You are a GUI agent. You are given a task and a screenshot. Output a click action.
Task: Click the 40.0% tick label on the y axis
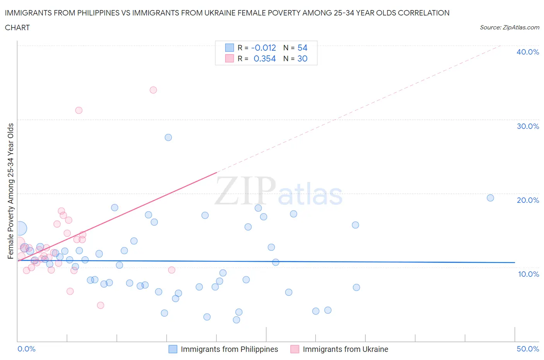(527, 52)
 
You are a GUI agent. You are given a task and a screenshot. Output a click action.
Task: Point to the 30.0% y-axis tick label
(527, 126)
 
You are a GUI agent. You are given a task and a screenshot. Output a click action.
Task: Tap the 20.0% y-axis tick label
(527, 200)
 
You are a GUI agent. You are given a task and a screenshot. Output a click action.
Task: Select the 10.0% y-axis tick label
(528, 274)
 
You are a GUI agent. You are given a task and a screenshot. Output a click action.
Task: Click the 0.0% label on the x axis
(26, 349)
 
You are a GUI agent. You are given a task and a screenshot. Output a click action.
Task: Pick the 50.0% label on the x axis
(527, 349)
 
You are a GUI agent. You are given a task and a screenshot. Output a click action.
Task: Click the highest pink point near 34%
(153, 90)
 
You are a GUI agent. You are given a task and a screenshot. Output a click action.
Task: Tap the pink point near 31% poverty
(79, 110)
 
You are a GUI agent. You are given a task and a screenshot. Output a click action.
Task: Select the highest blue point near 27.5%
(168, 137)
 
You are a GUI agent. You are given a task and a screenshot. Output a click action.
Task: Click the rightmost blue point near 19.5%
(490, 198)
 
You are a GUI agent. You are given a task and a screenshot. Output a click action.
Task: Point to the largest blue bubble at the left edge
(20, 228)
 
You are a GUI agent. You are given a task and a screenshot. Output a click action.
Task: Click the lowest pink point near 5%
(101, 305)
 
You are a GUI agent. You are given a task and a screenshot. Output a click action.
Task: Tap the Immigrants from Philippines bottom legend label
(229, 349)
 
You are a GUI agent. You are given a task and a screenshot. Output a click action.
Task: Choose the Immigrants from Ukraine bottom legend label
(345, 349)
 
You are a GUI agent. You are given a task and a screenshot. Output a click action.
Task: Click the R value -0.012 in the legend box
(263, 48)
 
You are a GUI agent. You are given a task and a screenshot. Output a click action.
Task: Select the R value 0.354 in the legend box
(265, 58)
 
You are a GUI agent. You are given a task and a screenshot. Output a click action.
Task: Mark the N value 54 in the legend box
(302, 48)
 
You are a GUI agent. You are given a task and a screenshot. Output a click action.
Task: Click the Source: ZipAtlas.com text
(509, 27)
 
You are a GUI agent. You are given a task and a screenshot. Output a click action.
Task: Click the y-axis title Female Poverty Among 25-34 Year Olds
(11, 191)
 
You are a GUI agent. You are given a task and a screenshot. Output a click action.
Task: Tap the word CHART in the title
(17, 27)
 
